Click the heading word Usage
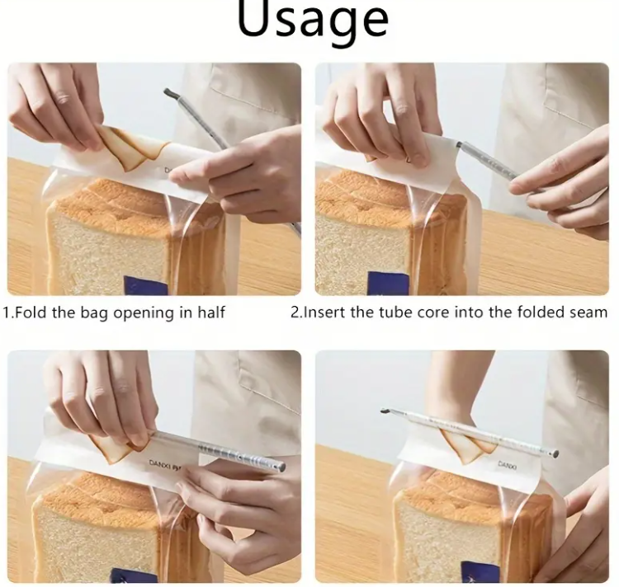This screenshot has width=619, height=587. click(312, 21)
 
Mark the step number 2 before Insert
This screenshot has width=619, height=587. click(294, 312)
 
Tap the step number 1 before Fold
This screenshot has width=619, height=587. click(7, 312)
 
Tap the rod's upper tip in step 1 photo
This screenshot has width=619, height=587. click(168, 92)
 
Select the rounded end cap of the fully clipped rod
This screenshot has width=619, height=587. click(555, 453)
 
